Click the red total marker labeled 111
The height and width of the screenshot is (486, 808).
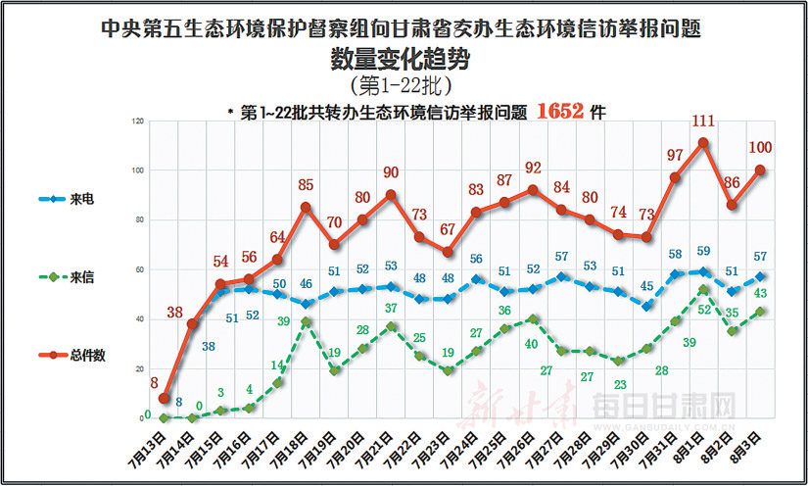pos(703,142)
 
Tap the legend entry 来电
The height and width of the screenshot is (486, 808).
pos(79,199)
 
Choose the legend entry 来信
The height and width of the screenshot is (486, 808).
pos(79,278)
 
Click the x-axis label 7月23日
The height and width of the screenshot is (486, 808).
pos(434,442)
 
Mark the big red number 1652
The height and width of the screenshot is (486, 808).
pos(561,112)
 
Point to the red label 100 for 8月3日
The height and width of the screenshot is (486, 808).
pos(760,148)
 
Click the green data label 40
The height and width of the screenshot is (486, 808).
pos(532,343)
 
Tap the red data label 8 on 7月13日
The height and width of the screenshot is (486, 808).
pos(155,383)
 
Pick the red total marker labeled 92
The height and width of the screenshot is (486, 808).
pos(533,190)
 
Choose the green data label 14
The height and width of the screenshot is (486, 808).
pos(277,364)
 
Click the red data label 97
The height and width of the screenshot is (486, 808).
pos(675,155)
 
